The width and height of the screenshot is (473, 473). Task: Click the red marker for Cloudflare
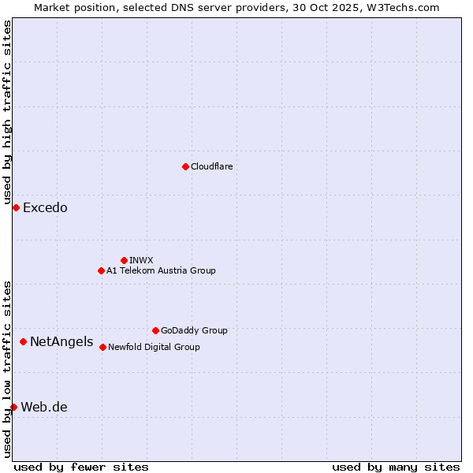tap(185, 166)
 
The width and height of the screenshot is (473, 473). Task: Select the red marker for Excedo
tap(16, 207)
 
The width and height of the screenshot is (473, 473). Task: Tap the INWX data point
tap(124, 260)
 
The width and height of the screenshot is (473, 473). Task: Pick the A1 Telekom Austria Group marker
tap(101, 270)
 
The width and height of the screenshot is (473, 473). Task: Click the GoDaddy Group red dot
tap(155, 330)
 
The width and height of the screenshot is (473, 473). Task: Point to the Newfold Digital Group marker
tap(102, 347)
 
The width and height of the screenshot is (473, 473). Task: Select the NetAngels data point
tap(24, 341)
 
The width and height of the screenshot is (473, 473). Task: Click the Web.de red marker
tap(13, 407)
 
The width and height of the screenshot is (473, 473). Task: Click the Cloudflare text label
tap(211, 166)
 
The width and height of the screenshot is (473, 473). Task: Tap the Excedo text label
tap(45, 208)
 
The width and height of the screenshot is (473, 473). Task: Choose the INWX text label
tap(141, 260)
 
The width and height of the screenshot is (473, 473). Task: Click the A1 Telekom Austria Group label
tap(161, 270)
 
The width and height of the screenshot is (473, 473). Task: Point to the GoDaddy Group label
tap(194, 330)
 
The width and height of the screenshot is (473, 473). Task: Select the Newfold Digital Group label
tap(154, 347)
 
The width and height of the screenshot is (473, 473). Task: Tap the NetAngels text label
tap(61, 342)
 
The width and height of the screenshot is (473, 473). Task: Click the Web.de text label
tap(44, 408)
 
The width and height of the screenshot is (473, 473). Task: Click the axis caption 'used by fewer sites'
tap(81, 467)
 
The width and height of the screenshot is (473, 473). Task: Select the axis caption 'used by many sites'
tap(396, 467)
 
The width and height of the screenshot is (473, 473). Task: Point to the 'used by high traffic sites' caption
tap(7, 113)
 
